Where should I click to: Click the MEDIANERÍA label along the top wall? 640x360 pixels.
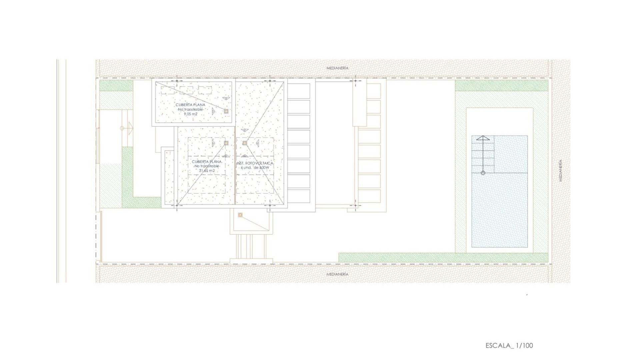(x=337, y=68)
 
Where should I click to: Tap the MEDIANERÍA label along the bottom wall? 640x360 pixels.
(x=337, y=274)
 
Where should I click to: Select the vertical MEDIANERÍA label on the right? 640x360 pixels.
(x=561, y=170)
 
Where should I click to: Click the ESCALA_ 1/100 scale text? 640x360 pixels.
(x=509, y=345)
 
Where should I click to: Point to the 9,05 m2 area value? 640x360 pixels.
(x=191, y=114)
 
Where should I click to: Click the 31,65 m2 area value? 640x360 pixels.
(x=207, y=171)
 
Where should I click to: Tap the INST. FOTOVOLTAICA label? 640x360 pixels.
(x=255, y=163)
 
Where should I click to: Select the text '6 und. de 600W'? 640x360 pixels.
(x=255, y=168)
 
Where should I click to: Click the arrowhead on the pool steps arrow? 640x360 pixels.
(x=483, y=138)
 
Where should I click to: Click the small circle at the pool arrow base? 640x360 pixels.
(x=483, y=173)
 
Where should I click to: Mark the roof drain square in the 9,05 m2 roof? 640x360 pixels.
(x=226, y=111)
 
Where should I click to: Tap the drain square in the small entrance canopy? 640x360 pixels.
(x=240, y=215)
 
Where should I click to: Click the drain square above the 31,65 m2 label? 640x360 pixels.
(x=226, y=143)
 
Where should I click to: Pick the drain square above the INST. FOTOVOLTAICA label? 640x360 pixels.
(x=245, y=143)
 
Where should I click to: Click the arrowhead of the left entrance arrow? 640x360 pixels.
(x=130, y=128)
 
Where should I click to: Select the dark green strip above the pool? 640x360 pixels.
(x=501, y=86)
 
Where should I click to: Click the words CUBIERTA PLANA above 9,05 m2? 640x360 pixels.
(x=191, y=105)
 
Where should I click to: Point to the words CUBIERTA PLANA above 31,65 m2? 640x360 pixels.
(x=207, y=162)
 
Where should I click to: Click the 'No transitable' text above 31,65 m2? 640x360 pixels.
(x=207, y=166)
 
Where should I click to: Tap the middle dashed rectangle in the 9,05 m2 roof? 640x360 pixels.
(x=186, y=90)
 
